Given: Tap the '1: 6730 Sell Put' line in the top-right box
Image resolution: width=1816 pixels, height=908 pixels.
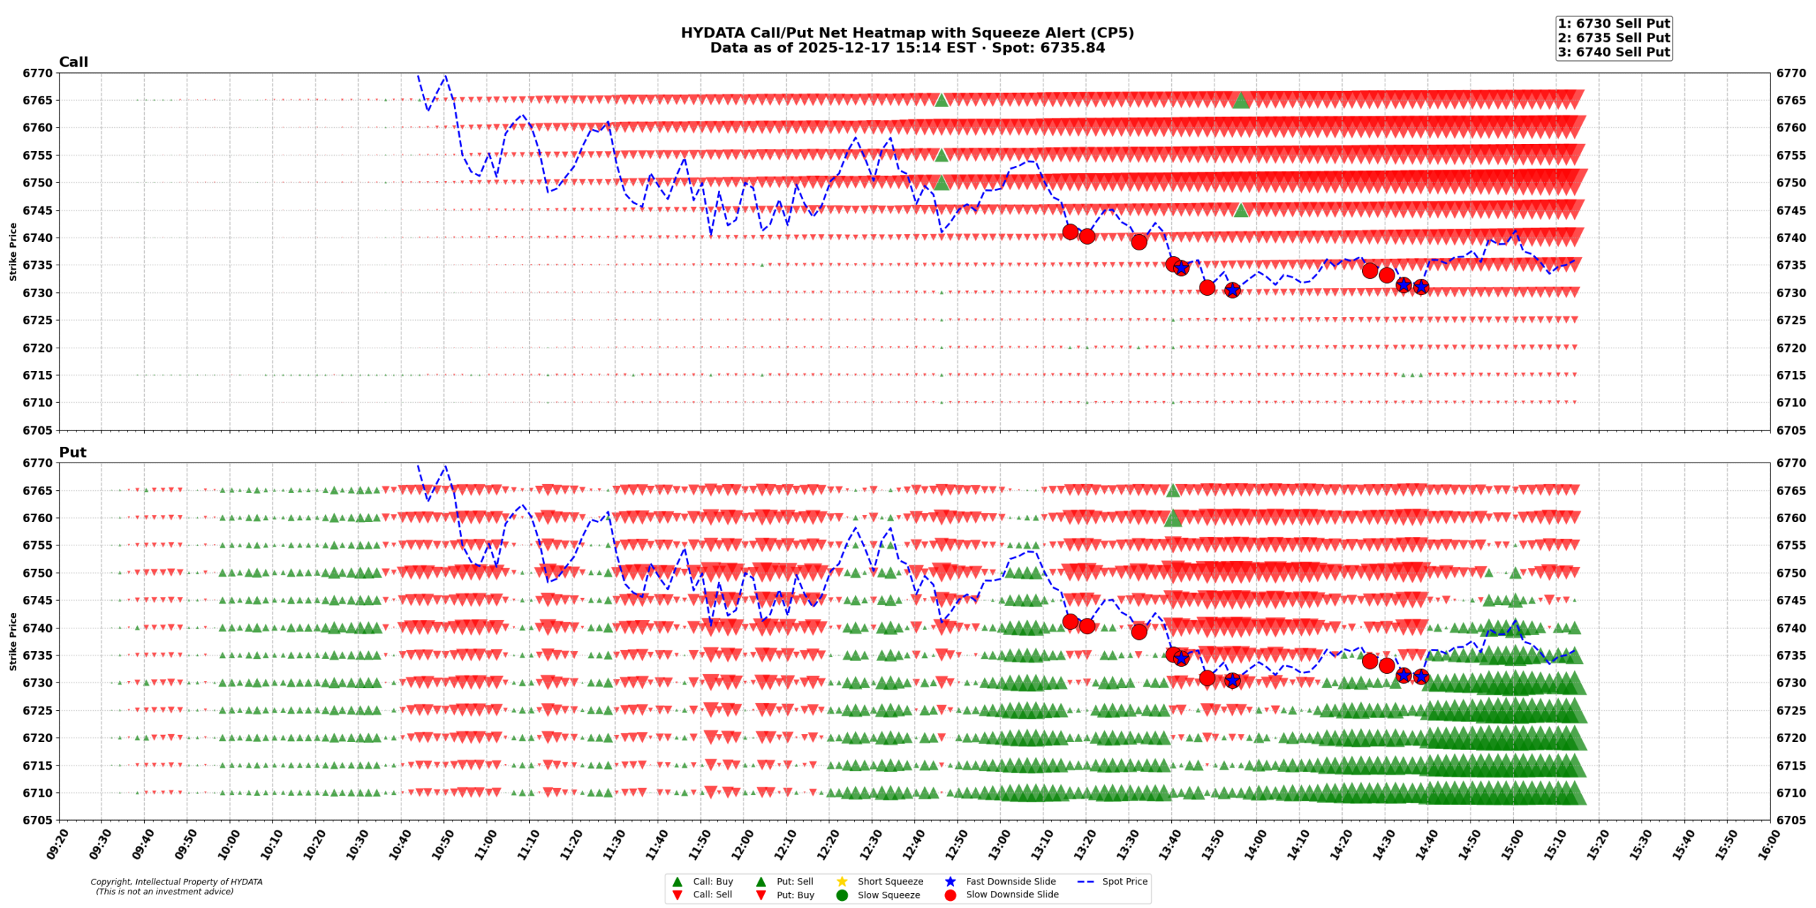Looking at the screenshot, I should pos(1613,24).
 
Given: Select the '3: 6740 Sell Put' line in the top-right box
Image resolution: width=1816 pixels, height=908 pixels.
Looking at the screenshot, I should pos(1613,52).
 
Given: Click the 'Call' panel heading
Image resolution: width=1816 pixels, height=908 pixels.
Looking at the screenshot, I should pos(73,62).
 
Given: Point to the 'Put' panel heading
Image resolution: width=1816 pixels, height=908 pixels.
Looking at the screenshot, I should pos(72,453).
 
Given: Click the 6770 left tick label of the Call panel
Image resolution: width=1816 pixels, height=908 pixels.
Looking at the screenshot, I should pos(37,73).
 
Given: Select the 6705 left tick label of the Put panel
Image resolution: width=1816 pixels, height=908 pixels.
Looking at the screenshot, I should pos(37,821).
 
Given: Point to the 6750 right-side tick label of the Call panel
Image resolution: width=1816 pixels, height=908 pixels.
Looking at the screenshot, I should pos(1791,183).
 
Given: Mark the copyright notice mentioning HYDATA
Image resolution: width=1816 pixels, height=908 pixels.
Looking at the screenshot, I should pos(176,882).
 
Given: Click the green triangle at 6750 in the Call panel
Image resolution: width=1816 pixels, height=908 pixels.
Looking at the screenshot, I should pos(941,183).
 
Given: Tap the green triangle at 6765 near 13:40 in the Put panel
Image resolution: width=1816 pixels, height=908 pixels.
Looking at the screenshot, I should pos(1173,490).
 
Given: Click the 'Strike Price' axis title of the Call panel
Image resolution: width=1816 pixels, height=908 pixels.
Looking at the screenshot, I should pos(13,252).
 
